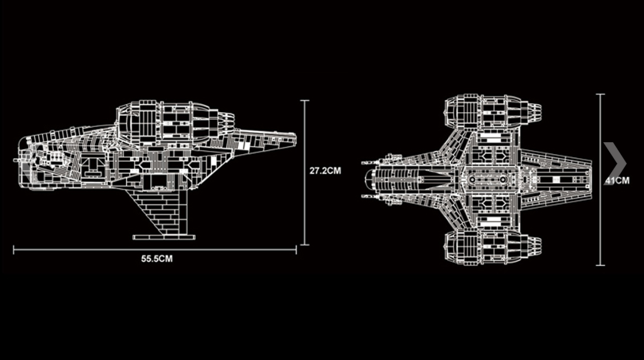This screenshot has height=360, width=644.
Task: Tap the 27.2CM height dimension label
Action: (x=325, y=170)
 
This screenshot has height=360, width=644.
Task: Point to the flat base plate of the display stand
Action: (x=164, y=237)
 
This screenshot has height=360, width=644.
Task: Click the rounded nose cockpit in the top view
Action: (x=374, y=179)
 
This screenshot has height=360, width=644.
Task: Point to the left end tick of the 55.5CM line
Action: (x=14, y=250)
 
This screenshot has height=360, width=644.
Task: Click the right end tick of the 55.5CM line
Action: (x=296, y=250)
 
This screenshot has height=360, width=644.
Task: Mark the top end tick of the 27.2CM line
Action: (x=305, y=100)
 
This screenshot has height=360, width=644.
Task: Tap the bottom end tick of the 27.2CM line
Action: (x=305, y=244)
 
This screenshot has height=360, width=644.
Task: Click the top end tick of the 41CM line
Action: (x=600, y=95)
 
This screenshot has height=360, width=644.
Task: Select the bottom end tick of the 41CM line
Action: (x=600, y=265)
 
